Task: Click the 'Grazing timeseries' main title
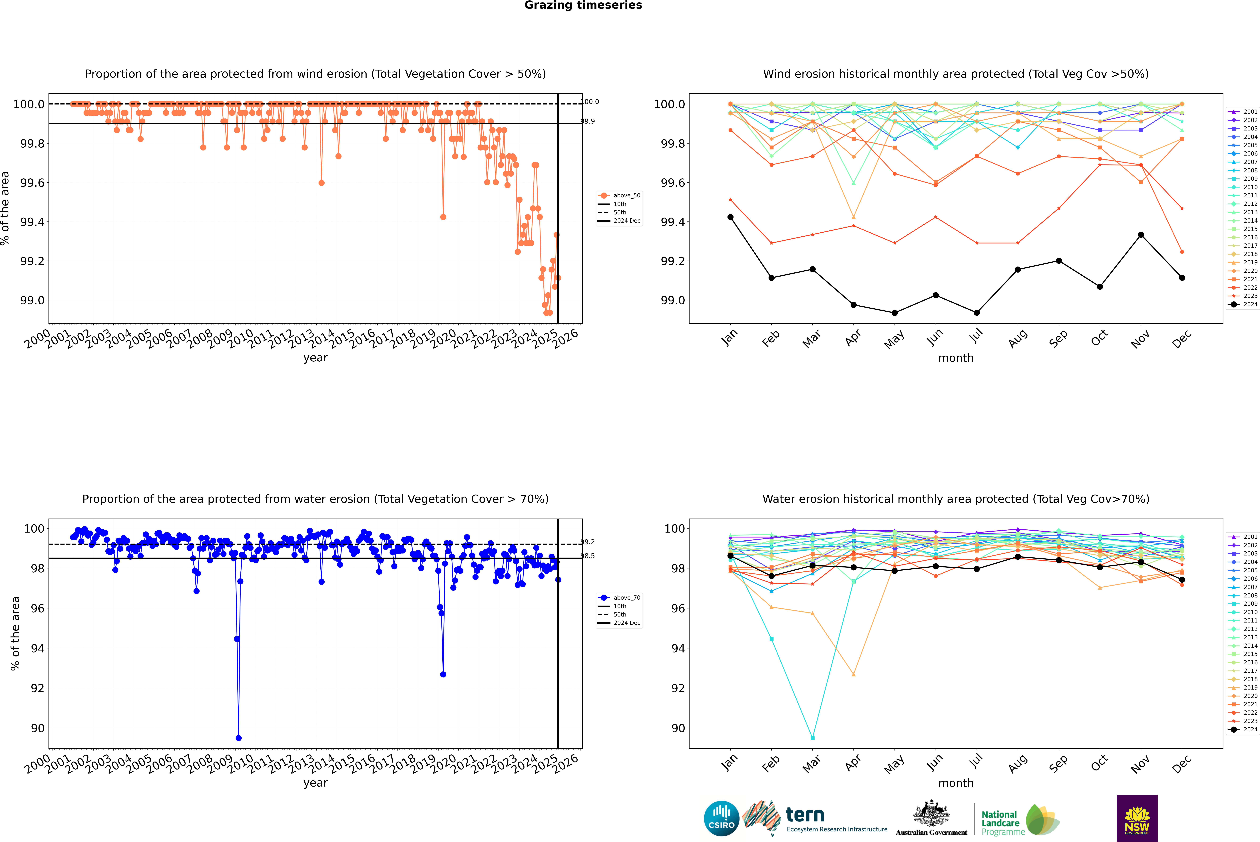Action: point(583,5)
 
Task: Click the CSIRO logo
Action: point(721,818)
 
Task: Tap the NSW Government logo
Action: point(1137,818)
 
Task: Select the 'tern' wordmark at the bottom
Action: point(805,815)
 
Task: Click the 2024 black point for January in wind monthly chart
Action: point(730,217)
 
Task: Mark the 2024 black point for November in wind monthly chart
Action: point(1141,235)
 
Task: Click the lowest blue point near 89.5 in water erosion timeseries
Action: point(238,738)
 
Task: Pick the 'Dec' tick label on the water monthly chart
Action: point(1182,764)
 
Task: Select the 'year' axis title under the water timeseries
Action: point(315,783)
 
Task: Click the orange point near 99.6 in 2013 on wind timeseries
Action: point(321,183)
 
